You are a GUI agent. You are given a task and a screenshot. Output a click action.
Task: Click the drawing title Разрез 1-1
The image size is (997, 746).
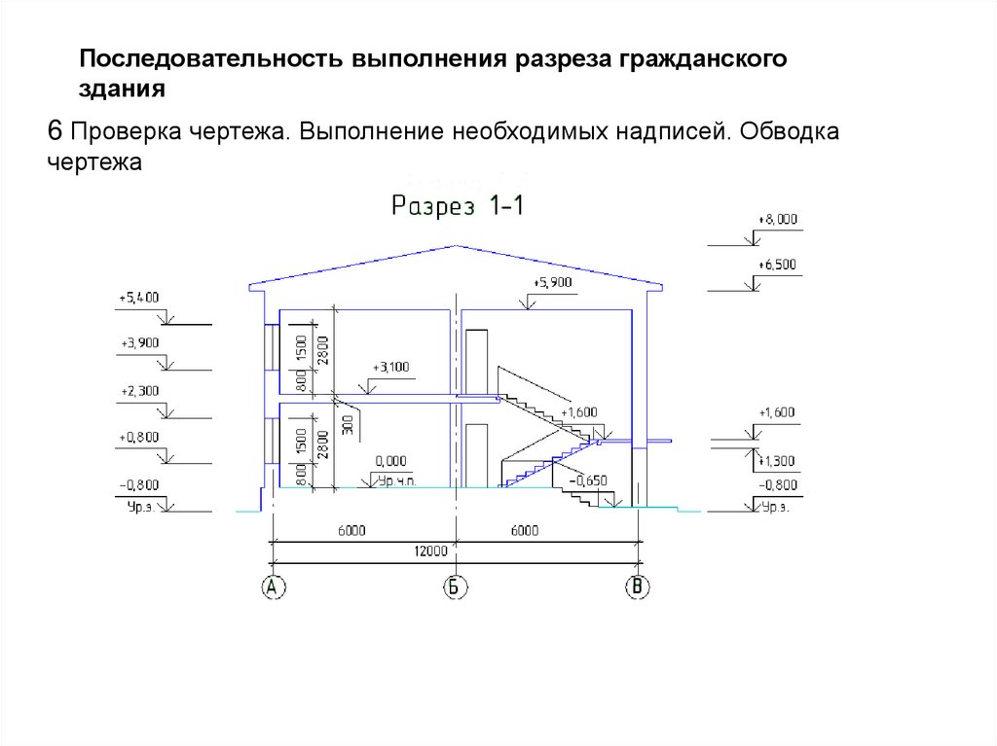click(458, 206)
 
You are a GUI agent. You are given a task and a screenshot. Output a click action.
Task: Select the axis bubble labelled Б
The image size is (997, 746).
click(454, 586)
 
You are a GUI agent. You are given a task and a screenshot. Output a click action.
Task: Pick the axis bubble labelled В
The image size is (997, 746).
click(639, 586)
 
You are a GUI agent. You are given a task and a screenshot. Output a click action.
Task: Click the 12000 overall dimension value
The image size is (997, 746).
click(429, 551)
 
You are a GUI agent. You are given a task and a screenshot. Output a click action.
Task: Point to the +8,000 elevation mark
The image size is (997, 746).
click(776, 220)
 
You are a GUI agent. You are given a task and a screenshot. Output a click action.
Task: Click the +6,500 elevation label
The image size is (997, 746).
click(776, 264)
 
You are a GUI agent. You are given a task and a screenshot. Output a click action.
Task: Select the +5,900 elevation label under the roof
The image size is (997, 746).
click(552, 282)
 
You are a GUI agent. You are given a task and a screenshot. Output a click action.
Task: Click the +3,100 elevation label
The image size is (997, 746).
click(391, 367)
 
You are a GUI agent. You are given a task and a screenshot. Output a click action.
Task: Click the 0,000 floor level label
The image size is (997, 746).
click(389, 460)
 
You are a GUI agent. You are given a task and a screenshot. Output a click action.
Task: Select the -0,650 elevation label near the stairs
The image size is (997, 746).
click(591, 480)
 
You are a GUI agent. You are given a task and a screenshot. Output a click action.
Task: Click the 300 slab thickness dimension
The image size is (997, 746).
click(348, 425)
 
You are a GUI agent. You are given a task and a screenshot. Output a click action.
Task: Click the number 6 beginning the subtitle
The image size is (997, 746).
click(55, 129)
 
